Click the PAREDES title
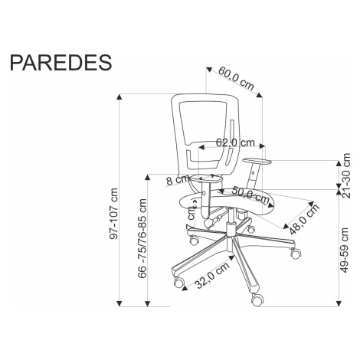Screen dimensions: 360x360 (x=61, y=62)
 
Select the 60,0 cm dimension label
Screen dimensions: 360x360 (x=237, y=78)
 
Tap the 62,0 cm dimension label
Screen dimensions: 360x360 (x=235, y=142)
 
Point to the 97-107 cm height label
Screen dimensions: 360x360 (x=113, y=214)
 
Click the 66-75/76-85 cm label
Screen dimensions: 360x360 (x=142, y=238)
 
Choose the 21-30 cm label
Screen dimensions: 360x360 (x=346, y=175)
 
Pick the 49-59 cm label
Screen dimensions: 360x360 (x=345, y=250)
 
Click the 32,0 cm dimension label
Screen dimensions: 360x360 (x=212, y=276)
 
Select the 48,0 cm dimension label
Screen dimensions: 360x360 (x=304, y=219)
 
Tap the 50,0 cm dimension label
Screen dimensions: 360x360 (x=250, y=195)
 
